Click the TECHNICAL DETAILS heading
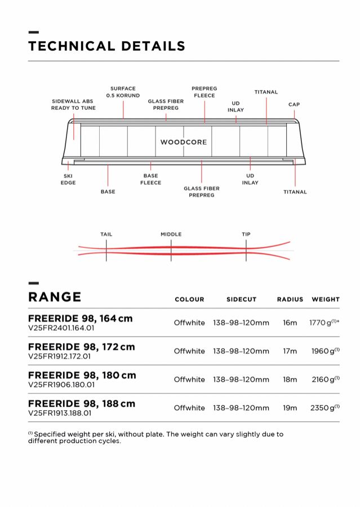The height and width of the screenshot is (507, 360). (x=106, y=46)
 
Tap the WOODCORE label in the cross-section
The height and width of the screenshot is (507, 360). (x=183, y=142)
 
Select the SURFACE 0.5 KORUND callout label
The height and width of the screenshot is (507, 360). (x=123, y=92)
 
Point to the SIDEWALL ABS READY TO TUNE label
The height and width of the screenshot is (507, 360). (x=73, y=104)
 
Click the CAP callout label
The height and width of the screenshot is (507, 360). (x=294, y=104)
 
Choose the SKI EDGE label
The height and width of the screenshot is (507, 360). (x=68, y=179)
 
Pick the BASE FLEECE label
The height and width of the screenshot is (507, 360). (x=150, y=179)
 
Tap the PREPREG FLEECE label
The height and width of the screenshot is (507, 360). (x=204, y=92)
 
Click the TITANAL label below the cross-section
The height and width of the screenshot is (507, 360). (x=295, y=192)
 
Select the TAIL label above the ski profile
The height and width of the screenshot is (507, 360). (x=106, y=234)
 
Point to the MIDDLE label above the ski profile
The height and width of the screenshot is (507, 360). (x=171, y=234)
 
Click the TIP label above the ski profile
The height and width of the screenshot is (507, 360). (x=246, y=234)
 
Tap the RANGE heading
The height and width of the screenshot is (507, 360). (x=55, y=297)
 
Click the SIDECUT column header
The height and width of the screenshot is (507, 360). (x=241, y=300)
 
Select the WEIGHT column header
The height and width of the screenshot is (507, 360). (x=326, y=300)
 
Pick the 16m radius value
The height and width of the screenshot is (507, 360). (x=290, y=323)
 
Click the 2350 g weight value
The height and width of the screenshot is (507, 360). (x=322, y=407)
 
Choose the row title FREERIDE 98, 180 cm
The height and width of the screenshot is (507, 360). (x=82, y=375)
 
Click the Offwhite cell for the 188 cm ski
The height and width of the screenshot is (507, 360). (x=189, y=407)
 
